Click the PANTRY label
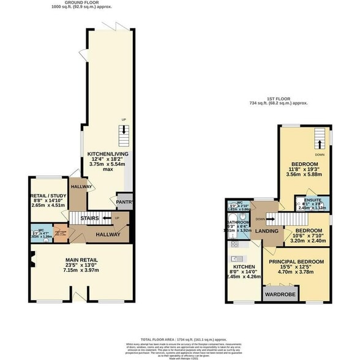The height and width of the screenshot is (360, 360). (125, 201)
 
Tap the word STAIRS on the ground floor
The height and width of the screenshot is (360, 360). (91, 217)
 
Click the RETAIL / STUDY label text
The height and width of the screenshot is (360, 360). (48, 197)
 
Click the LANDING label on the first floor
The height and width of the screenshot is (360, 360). (268, 231)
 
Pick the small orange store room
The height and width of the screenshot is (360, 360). (59, 231)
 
